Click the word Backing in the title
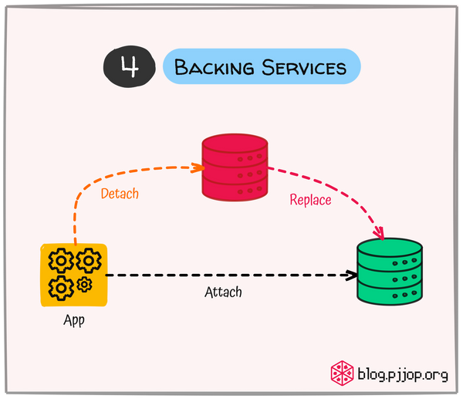[x=215, y=67]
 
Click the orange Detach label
[x=120, y=193]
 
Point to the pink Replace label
[x=310, y=200]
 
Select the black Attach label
[x=223, y=292]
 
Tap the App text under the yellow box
[x=73, y=320]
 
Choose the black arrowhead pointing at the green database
[x=351, y=276]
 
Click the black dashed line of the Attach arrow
[x=231, y=276]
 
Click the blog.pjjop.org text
[x=402, y=375]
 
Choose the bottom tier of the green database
[x=390, y=292]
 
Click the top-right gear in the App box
[x=88, y=262]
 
